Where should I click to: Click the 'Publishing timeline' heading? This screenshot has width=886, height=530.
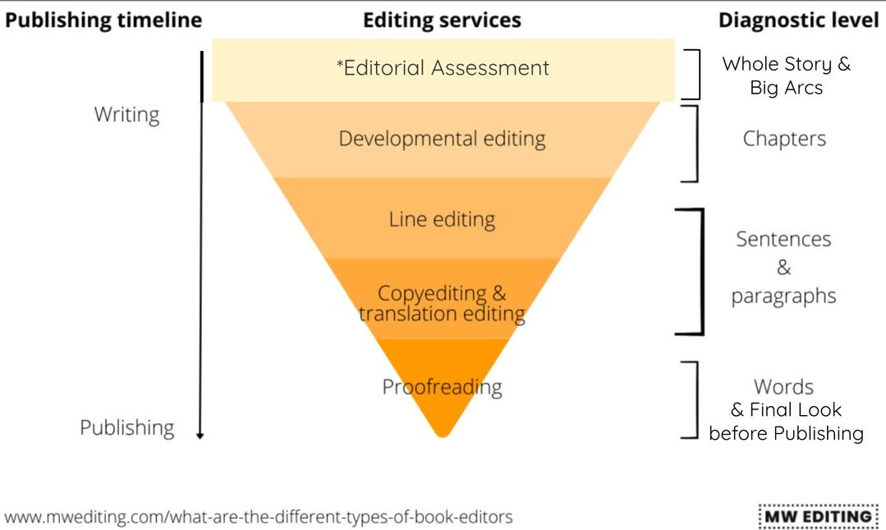103,21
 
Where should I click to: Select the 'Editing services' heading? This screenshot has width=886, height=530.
442,21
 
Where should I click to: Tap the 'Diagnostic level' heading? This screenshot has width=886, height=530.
798,21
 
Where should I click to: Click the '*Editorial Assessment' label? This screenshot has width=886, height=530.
443,68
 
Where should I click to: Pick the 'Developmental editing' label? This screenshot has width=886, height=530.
443,139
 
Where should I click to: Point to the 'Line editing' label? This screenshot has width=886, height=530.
442,219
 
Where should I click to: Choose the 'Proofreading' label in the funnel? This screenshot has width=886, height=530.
442,387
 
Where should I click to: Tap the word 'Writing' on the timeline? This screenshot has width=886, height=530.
126,115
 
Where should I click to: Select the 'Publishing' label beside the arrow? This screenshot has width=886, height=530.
127,427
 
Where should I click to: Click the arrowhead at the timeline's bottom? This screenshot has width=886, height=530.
200,435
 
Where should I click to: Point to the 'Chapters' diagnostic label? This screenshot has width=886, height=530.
784,139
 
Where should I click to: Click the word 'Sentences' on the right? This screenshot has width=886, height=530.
783,240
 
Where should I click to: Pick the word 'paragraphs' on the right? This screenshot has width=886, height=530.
783,296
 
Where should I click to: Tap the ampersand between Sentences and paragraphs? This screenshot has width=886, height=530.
783,267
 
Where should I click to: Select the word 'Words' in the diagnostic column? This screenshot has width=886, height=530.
783,387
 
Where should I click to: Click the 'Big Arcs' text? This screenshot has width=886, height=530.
787,88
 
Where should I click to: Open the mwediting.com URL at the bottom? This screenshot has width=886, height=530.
259,517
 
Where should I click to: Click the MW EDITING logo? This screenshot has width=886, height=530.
818,516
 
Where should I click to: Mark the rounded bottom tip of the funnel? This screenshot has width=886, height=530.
443,435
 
